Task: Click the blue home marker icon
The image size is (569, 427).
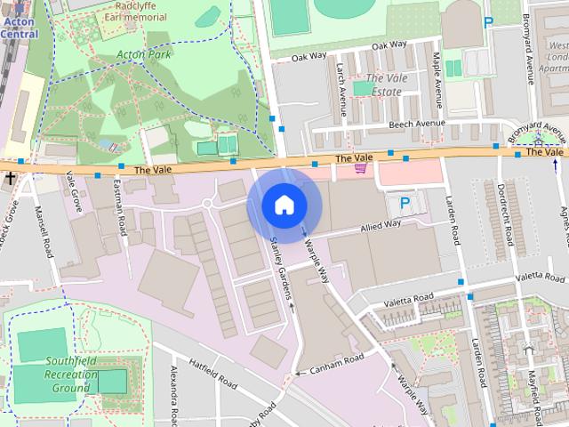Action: (284, 205)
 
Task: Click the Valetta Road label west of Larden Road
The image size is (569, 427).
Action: (408, 298)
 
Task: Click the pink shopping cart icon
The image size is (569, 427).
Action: (360, 167)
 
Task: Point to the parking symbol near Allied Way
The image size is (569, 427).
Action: (405, 204)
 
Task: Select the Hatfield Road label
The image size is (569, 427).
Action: (213, 375)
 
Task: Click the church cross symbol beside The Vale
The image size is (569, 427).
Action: (10, 179)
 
